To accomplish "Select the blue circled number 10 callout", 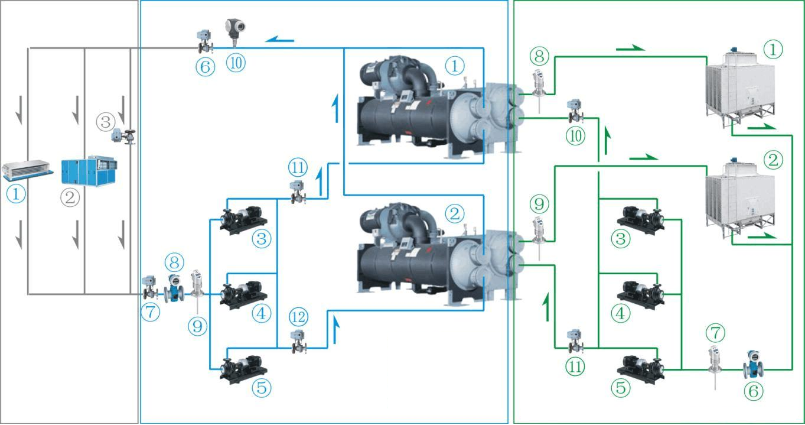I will [x=236, y=62].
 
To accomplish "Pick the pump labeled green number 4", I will [x=640, y=292].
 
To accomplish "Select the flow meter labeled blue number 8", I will [x=174, y=288].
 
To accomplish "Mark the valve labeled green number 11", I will [x=573, y=340].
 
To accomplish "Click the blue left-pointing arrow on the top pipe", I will [x=279, y=40].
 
